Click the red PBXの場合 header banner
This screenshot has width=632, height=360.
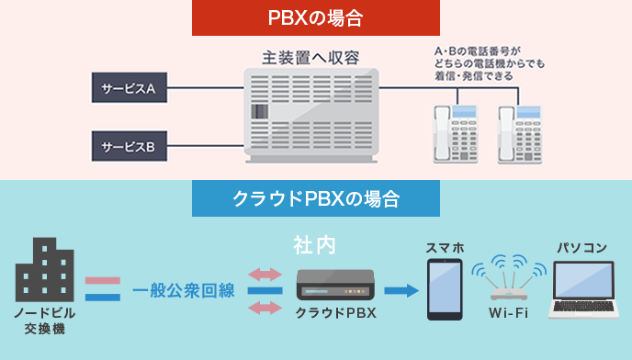tap(316, 17)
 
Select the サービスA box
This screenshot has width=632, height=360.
tap(130, 88)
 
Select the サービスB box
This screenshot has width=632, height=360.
tap(130, 145)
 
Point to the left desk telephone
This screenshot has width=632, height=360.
tap(455, 133)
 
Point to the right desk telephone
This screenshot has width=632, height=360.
tap(518, 133)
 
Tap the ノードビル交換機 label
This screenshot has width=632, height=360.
tap(44, 321)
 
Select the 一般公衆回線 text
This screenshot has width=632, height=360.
tap(184, 291)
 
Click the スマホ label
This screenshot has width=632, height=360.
tap(445, 248)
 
